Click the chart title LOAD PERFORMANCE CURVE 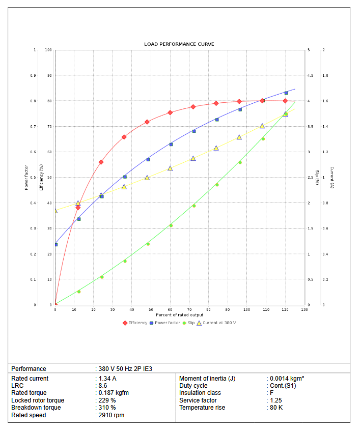(179, 44)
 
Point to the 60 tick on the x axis (170, 309)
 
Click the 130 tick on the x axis (304, 309)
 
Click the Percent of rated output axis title (179, 315)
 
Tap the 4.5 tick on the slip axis (309, 76)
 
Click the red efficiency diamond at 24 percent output (101, 162)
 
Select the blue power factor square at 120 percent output (286, 93)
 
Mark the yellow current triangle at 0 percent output (55, 210)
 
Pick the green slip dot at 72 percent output (193, 206)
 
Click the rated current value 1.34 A (107, 379)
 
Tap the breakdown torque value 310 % (108, 408)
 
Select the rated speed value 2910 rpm (112, 415)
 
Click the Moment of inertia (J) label (207, 379)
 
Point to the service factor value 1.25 (276, 400)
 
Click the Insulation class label (200, 393)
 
